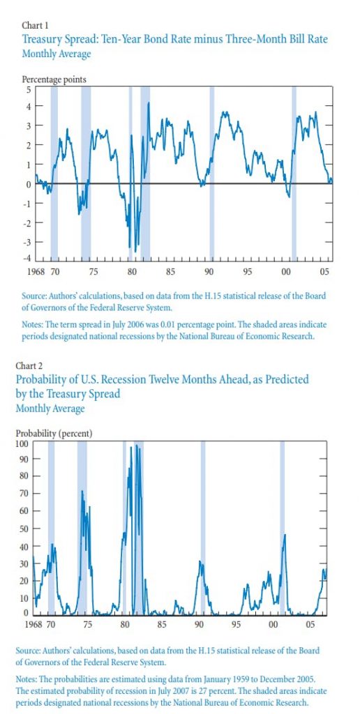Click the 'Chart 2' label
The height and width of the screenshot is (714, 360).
coord(28,365)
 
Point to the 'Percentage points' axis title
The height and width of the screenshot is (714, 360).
coord(54,79)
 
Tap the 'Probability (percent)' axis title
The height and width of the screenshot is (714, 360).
coord(54,434)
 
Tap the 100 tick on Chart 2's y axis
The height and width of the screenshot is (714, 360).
coord(22,443)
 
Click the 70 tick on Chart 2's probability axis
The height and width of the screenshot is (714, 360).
coord(24,494)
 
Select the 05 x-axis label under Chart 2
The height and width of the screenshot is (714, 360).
coord(310,624)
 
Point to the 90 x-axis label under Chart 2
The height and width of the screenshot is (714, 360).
coord(199,624)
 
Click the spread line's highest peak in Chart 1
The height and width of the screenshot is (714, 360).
coord(148,103)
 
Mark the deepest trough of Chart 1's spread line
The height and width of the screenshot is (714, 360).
coord(135,251)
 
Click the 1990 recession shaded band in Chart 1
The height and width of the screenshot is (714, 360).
coord(212,173)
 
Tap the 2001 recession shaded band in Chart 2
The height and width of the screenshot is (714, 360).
coord(282,528)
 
